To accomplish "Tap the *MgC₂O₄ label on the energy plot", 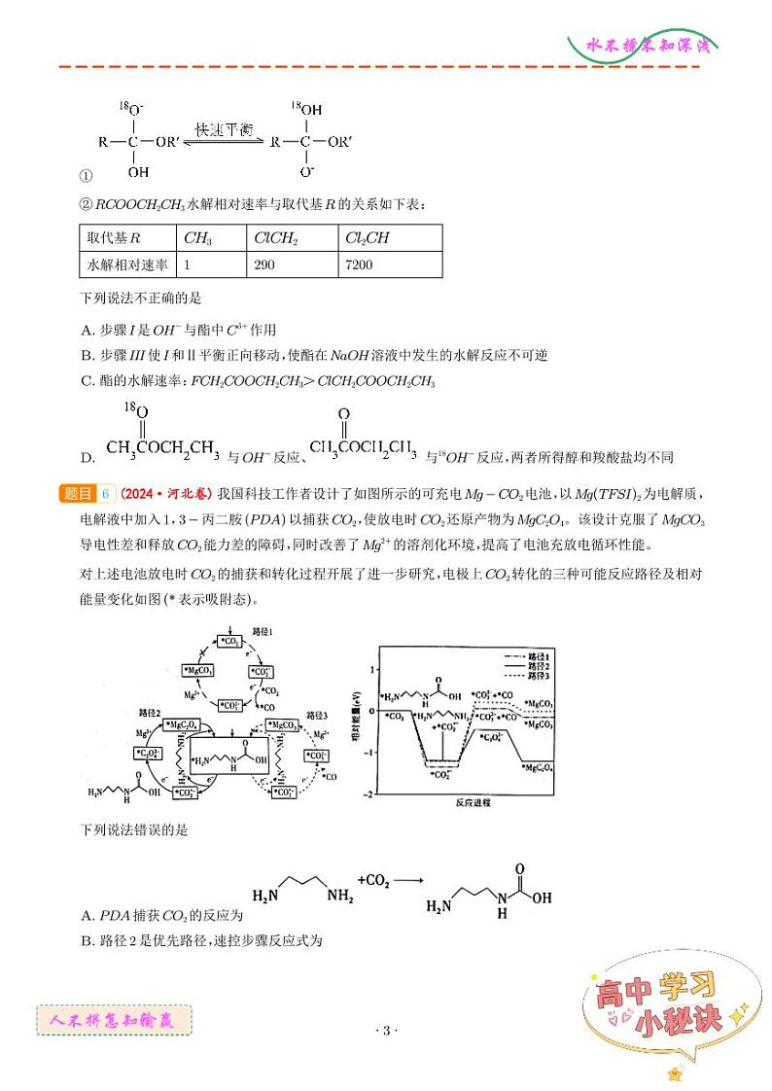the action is (539, 768).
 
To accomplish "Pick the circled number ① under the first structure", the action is (85, 177).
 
